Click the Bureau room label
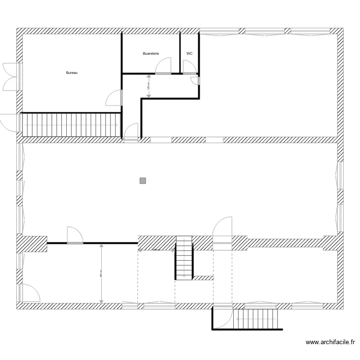(72, 73)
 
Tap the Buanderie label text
(151, 54)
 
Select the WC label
(190, 54)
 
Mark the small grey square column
(143, 181)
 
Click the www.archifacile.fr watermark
(330, 342)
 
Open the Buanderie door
(163, 66)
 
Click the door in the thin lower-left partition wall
(75, 236)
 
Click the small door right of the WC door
(196, 81)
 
